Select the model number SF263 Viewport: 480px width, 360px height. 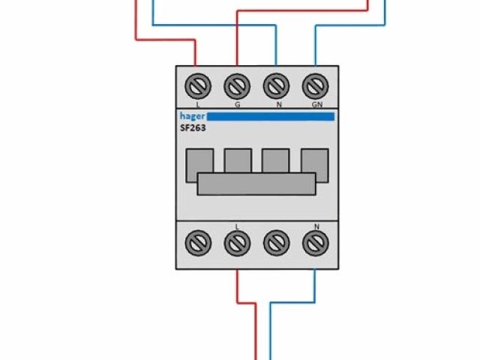pos(193,128)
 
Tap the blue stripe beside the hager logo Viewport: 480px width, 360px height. pos(270,117)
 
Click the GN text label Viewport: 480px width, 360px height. pos(316,104)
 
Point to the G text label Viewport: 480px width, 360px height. pos(238,104)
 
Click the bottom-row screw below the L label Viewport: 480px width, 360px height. pos(237,242)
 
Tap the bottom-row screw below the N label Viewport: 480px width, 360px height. pos(314,242)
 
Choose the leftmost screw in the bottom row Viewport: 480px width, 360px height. pos(198,242)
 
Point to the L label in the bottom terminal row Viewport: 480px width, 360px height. pos(238,226)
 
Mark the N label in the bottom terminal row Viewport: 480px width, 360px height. pos(316,226)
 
